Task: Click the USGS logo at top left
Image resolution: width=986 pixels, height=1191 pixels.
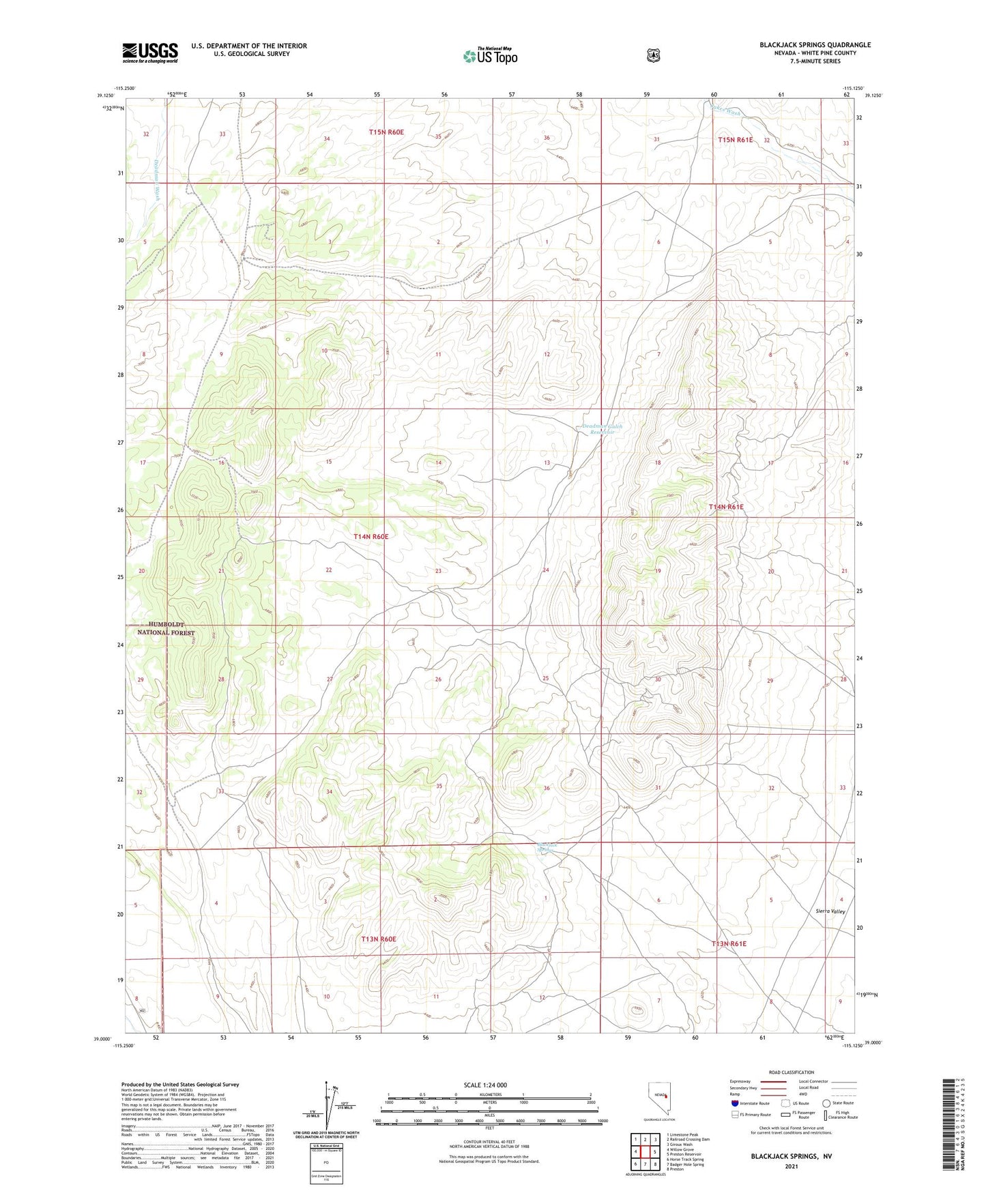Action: tap(149, 53)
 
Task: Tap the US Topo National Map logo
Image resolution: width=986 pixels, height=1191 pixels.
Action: tap(489, 56)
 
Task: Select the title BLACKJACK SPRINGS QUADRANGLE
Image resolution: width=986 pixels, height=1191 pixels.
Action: tap(815, 45)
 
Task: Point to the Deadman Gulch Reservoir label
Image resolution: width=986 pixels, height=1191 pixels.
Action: tap(602, 429)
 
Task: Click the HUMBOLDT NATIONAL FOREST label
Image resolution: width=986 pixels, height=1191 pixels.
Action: tap(166, 629)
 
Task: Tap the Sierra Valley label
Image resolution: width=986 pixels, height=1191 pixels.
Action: tap(830, 911)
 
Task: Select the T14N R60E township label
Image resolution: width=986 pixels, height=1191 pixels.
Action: tap(371, 537)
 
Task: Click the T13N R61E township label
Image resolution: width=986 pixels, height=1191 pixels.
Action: tap(729, 944)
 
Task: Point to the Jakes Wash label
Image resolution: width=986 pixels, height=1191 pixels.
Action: tap(724, 112)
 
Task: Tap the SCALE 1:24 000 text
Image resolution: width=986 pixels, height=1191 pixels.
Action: tap(484, 1085)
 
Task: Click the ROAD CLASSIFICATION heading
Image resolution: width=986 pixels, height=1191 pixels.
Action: tap(791, 1072)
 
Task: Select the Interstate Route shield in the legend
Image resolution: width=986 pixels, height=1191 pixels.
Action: tap(734, 1103)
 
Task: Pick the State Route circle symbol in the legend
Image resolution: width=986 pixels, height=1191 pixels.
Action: tap(826, 1103)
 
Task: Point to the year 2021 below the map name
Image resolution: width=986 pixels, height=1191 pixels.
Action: tap(791, 1166)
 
